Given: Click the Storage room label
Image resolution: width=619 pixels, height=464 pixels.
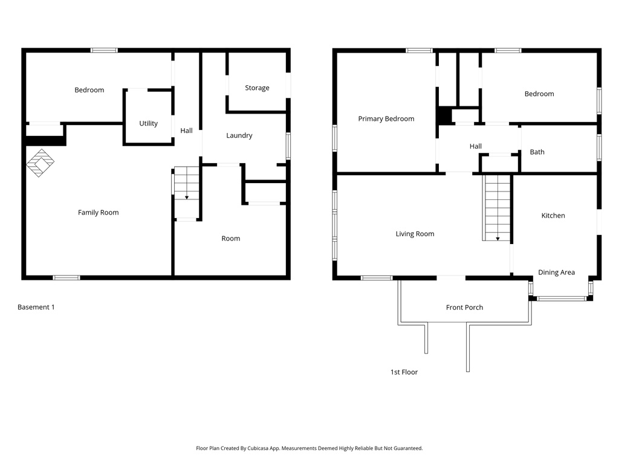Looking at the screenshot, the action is coord(257,88).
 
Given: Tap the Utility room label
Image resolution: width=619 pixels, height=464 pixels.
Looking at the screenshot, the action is coord(149,123).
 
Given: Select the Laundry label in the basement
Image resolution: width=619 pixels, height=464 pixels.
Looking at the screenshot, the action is coord(239,136).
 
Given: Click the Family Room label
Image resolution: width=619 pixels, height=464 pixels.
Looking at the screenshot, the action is coord(99,213).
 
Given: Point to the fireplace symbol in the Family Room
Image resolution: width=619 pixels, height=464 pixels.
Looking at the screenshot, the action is coord(41,163).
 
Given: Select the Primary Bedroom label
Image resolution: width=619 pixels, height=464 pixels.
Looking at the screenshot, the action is coord(386,119).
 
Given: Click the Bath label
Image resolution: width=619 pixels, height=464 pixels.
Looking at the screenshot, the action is coord(537,152).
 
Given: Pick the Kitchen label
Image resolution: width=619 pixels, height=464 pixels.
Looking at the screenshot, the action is coord(553,216).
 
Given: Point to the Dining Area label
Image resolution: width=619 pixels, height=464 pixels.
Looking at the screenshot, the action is coord(556,272).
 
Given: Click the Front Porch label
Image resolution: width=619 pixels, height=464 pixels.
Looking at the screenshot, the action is coord(464,308).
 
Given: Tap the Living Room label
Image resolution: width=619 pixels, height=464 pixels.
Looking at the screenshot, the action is coord(415,234).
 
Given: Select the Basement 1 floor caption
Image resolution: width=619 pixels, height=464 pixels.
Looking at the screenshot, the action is coord(36,307).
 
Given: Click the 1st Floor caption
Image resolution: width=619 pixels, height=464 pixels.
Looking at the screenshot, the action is coord(404,372).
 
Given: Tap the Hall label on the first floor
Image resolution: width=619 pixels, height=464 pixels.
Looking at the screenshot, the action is coord(476,146).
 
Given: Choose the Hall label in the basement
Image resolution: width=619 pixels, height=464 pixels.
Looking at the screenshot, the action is coord(186,130).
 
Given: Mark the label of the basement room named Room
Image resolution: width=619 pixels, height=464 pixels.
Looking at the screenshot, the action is coord(230,239).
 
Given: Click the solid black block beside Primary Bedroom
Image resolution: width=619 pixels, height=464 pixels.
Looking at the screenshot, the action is coord(445,115).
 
